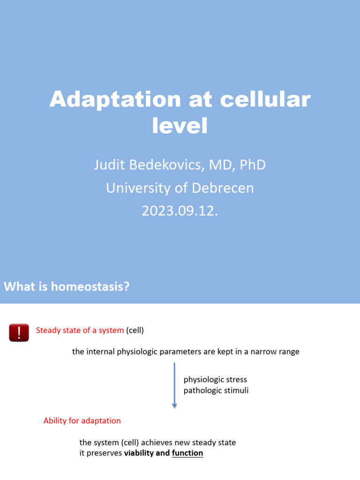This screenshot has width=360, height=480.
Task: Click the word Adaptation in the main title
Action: [x=115, y=99]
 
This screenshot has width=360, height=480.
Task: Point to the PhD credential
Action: [x=253, y=165]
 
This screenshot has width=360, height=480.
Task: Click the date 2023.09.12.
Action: [x=180, y=211]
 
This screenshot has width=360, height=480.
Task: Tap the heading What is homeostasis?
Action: [x=67, y=286]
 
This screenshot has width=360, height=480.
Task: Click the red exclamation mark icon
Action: [x=19, y=332]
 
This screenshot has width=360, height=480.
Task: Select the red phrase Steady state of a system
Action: [x=80, y=330]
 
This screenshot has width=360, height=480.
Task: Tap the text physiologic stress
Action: [x=215, y=379]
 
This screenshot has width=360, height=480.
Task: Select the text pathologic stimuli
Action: [x=216, y=390]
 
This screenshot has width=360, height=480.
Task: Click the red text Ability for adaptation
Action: [x=82, y=420]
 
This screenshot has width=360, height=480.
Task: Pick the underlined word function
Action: [x=187, y=453]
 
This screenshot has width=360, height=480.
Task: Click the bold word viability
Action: [x=139, y=453]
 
